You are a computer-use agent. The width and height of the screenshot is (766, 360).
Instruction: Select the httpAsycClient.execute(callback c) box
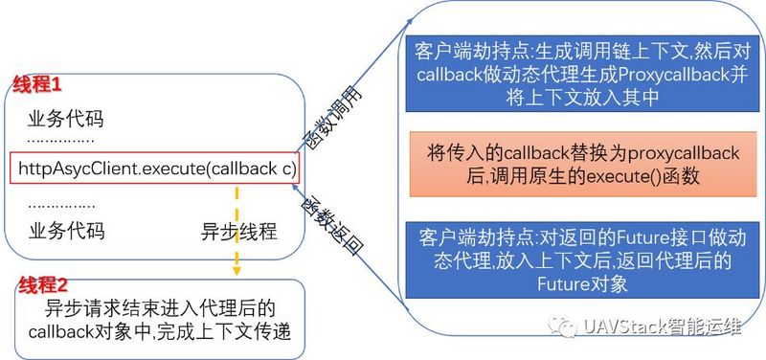(158, 169)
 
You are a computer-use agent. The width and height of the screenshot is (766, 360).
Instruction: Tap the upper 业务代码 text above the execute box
(66, 120)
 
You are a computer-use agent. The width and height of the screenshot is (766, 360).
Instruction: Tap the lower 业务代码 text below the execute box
(66, 231)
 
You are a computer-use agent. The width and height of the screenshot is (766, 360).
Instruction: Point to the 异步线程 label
(237, 231)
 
